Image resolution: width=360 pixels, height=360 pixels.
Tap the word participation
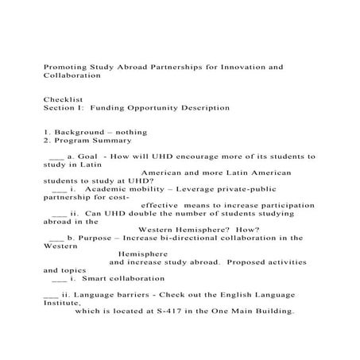tap(284, 205)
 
